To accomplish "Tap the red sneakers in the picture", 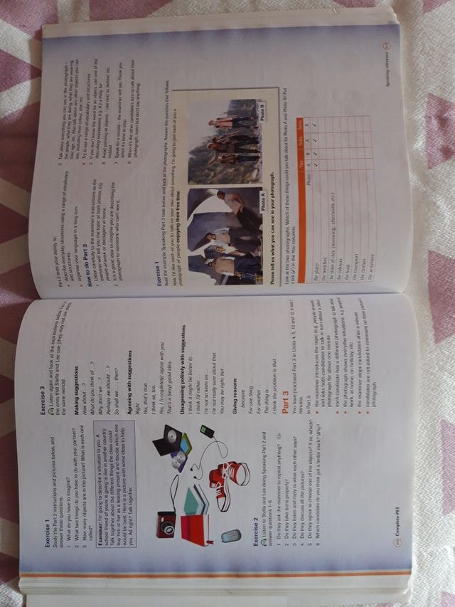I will (230, 484).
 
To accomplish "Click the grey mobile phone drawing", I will (230, 536).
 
